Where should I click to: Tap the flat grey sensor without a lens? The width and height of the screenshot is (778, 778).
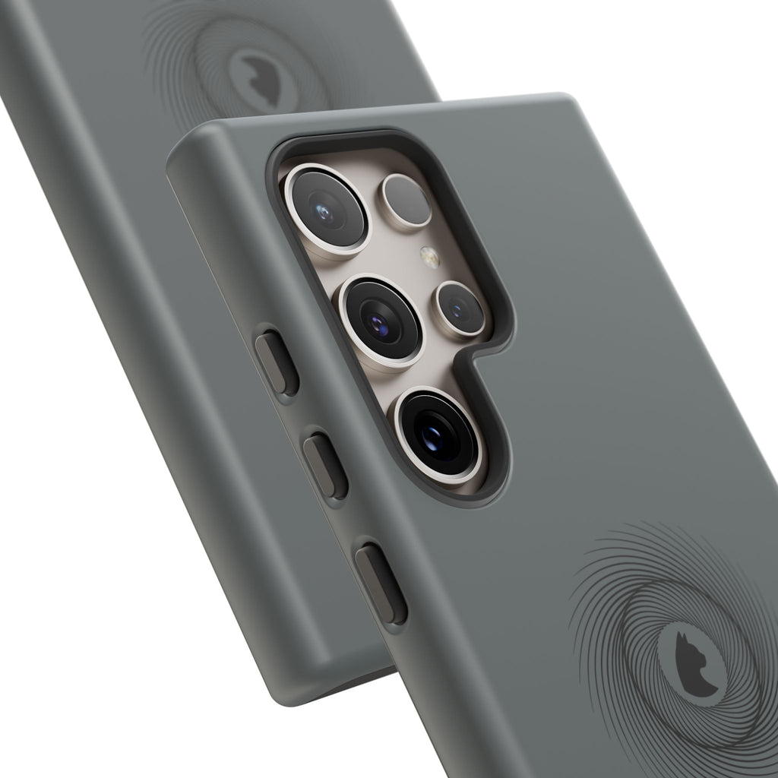[x=406, y=201]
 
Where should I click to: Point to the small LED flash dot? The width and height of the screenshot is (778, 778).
[x=430, y=258]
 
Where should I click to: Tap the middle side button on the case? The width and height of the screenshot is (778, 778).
[x=326, y=466]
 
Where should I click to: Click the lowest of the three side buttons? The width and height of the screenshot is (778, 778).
[x=381, y=583]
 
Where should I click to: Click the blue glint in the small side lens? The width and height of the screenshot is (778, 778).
[x=457, y=308]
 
